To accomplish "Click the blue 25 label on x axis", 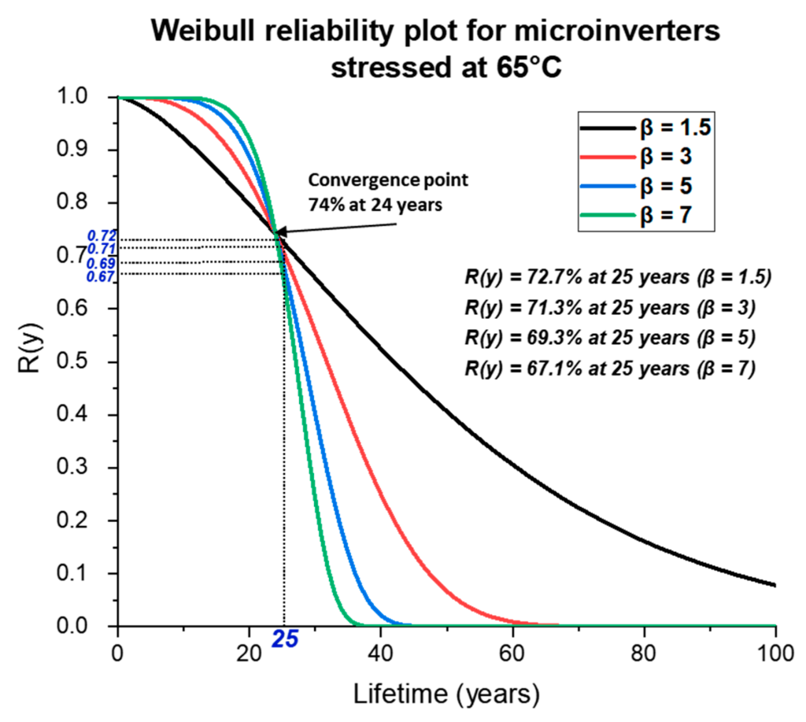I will coord(285,641).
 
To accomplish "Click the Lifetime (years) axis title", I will coord(446,694).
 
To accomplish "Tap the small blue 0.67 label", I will coord(100,276).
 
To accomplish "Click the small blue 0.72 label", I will coord(100,236).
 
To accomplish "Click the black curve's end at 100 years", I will coord(775,585).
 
